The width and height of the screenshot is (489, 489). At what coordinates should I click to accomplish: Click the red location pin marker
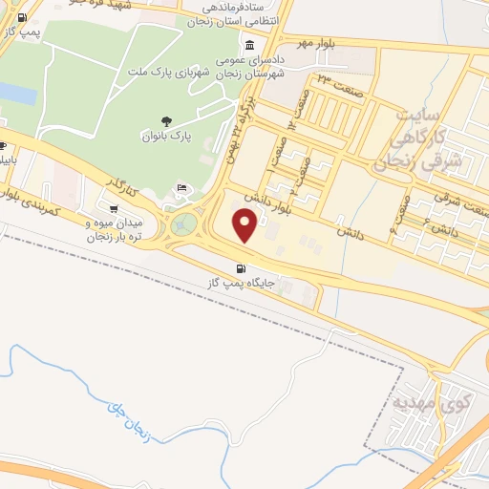click(x=246, y=226)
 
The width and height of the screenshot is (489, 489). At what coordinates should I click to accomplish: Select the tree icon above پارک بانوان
click(x=167, y=120)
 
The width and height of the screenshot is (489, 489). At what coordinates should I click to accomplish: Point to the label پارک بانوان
click(x=168, y=137)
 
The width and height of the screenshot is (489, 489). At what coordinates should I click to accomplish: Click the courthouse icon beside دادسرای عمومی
click(x=249, y=45)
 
